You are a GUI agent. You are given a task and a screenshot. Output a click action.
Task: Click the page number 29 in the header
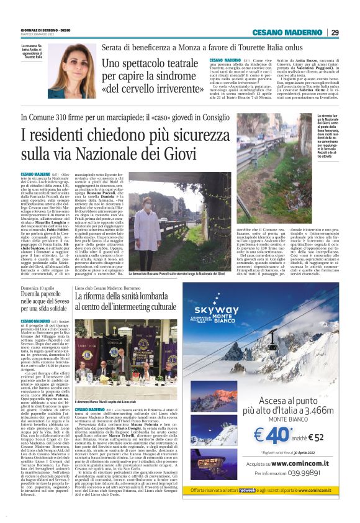pyautogui.click(x=335, y=32)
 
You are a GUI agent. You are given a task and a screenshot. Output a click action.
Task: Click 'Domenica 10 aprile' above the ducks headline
pyautogui.click(x=38, y=288)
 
